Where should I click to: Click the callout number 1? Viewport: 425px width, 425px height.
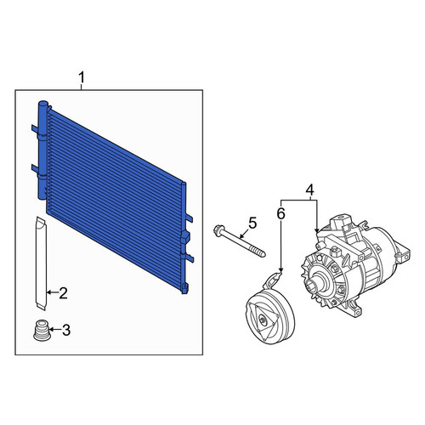(x=82, y=77)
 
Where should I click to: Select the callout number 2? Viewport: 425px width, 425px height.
(x=63, y=293)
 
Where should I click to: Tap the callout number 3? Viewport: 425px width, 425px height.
(x=66, y=330)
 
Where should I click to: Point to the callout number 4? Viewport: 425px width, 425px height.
(x=310, y=190)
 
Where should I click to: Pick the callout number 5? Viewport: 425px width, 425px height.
(x=252, y=223)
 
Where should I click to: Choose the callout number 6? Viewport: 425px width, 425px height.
(x=280, y=213)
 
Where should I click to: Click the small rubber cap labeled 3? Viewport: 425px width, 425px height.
(x=42, y=330)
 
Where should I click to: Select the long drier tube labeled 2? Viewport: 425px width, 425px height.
(x=41, y=263)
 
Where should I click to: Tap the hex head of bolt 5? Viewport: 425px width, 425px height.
(x=218, y=230)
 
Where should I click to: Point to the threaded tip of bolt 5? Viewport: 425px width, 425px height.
(x=260, y=252)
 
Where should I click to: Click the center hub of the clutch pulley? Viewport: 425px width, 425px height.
(x=263, y=320)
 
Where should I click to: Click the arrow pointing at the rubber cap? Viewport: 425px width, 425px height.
(x=55, y=330)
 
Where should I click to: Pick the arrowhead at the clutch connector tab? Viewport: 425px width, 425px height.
(x=280, y=269)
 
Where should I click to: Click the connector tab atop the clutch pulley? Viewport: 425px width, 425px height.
(x=274, y=279)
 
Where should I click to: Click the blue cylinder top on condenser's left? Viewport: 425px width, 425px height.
(x=43, y=104)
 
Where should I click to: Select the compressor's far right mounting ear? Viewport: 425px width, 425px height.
(x=403, y=252)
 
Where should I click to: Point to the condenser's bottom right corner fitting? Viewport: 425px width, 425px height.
(x=184, y=288)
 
